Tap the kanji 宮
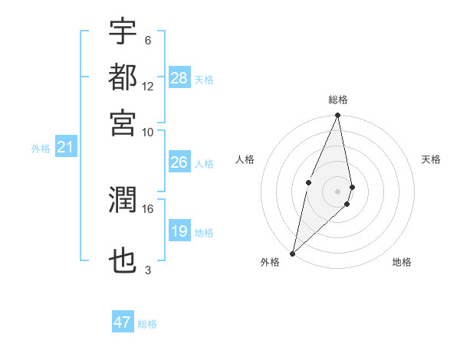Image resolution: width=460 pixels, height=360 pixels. tap(123, 122)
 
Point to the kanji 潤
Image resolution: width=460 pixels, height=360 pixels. tap(123, 201)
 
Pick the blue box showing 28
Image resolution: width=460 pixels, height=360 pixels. tap(179, 78)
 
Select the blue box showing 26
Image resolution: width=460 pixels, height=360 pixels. tap(179, 162)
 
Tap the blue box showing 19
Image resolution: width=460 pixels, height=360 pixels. tap(179, 231)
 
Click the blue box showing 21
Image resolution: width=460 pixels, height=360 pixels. tap(64, 147)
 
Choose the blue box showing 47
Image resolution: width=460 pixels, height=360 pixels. tap(123, 322)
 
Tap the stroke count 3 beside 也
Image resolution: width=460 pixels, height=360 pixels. tap(147, 270)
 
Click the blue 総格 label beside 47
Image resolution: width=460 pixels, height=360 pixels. tap(147, 324)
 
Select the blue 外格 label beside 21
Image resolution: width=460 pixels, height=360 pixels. tap(40, 149)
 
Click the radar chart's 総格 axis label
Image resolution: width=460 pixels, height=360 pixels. tap(337, 100)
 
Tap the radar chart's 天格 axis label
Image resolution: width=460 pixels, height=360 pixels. tap(431, 159)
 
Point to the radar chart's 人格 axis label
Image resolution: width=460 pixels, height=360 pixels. tap(245, 159)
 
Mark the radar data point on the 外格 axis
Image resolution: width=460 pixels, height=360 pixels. tap(293, 253)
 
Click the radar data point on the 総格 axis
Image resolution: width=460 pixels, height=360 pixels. tap(337, 116)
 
